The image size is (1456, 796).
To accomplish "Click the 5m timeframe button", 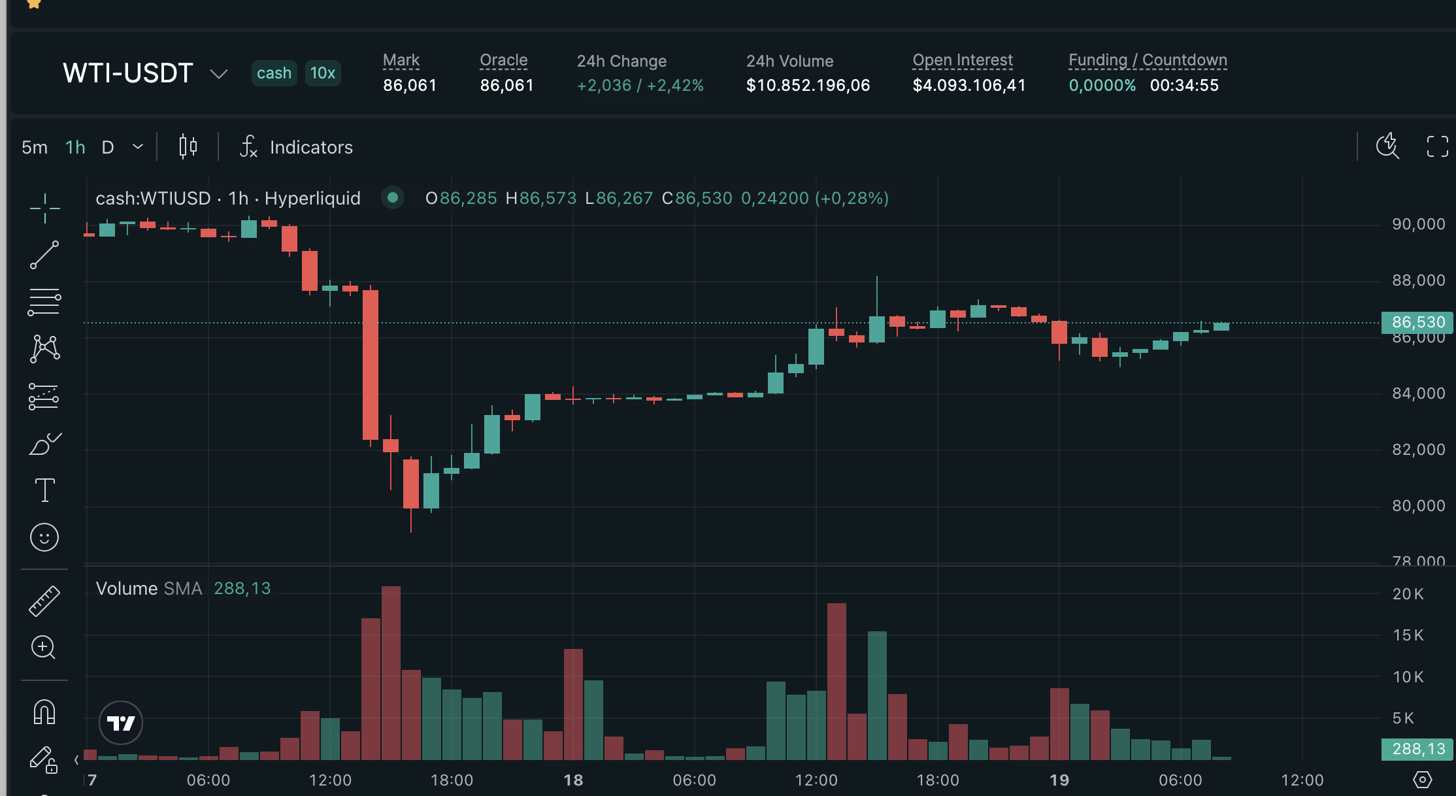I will pyautogui.click(x=35, y=147).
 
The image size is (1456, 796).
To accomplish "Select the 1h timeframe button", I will pyautogui.click(x=75, y=147).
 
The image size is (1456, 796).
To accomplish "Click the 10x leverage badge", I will pyautogui.click(x=322, y=73).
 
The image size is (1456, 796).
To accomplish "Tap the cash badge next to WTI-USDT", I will pyautogui.click(x=274, y=73).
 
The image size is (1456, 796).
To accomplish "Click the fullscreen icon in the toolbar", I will pyautogui.click(x=1437, y=146).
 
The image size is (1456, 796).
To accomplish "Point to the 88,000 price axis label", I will pyautogui.click(x=1418, y=280).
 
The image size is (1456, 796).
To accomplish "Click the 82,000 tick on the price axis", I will pyautogui.click(x=1418, y=450).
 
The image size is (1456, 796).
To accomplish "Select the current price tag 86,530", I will pyautogui.click(x=1417, y=322).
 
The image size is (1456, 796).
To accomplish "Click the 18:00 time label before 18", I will pyautogui.click(x=452, y=780).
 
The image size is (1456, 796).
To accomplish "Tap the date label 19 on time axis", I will pyautogui.click(x=1059, y=780).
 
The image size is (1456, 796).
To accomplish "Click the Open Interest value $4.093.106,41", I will pyautogui.click(x=969, y=86).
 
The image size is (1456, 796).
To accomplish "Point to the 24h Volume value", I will pyautogui.click(x=808, y=86).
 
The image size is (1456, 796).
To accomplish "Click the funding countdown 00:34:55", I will pyautogui.click(x=1184, y=86).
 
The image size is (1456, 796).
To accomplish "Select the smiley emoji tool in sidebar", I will pyautogui.click(x=44, y=537).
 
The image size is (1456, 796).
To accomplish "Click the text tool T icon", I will pyautogui.click(x=44, y=490).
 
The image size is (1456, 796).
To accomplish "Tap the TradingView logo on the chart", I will pyautogui.click(x=121, y=723).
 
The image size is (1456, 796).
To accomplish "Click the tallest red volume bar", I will pyautogui.click(x=391, y=673).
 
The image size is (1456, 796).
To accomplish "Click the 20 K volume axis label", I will pyautogui.click(x=1408, y=594).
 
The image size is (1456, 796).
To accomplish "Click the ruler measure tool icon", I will pyautogui.click(x=44, y=601).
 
